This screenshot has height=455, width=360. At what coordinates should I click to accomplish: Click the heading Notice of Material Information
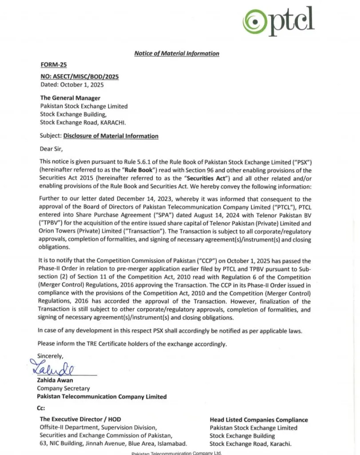(x=177, y=53)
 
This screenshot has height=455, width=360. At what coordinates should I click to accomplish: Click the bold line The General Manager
(x=70, y=98)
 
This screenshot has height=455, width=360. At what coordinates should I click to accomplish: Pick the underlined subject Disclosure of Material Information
(x=111, y=136)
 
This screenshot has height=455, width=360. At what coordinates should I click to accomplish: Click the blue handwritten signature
(x=52, y=367)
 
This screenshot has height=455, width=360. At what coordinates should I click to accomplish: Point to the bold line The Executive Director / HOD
(x=80, y=419)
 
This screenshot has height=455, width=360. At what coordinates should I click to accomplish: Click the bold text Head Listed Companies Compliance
(x=258, y=419)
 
